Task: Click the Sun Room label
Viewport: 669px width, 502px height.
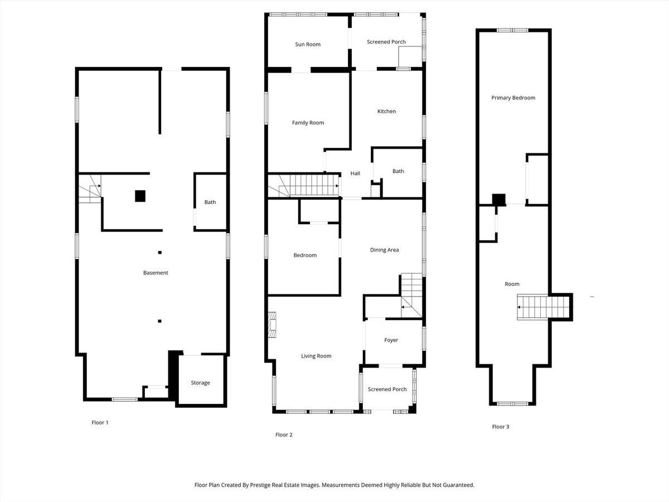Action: tap(308, 45)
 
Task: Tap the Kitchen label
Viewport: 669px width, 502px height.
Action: tap(386, 112)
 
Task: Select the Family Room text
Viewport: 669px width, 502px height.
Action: tap(308, 123)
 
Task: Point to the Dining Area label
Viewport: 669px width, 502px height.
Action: tap(384, 250)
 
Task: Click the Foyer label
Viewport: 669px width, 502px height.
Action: tap(391, 340)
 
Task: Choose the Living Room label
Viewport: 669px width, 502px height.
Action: tap(316, 356)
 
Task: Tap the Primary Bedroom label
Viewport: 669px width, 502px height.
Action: tap(513, 98)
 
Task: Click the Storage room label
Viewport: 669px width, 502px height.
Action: tap(200, 383)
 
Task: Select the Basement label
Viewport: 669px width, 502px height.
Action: tap(156, 273)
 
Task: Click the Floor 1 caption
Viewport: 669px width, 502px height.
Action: tap(100, 422)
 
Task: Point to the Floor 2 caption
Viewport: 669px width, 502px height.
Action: tap(284, 435)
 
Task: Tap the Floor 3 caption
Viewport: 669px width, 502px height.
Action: tap(501, 427)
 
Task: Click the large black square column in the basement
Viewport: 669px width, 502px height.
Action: tap(140, 196)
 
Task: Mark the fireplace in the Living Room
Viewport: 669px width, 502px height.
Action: tap(272, 325)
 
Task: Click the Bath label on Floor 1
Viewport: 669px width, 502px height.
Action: tap(210, 202)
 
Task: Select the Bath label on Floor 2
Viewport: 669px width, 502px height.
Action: tap(398, 171)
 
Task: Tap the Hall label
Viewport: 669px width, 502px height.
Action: tap(355, 173)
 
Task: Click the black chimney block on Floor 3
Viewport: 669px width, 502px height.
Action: tap(499, 200)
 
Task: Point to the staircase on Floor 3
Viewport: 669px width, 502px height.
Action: tap(543, 307)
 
